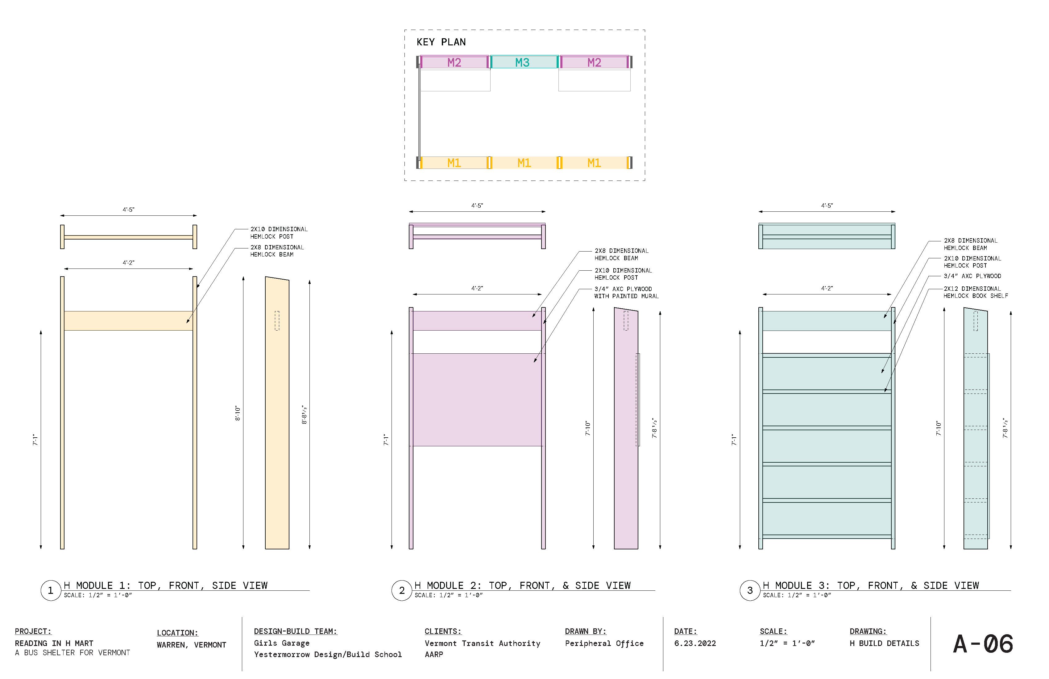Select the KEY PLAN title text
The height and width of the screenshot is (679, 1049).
point(441,42)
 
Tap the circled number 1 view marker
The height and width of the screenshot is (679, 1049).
point(50,590)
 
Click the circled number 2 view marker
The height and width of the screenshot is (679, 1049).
point(401,590)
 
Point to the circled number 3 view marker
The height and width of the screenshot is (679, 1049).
point(750,590)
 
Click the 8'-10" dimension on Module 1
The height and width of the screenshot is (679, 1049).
point(238,413)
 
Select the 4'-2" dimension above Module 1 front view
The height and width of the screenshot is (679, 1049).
point(128,263)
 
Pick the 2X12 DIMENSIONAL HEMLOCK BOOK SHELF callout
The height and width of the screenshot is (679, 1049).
point(975,292)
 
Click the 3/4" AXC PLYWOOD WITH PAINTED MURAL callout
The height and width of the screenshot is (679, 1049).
point(626,292)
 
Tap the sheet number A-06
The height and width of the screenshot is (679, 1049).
point(983,644)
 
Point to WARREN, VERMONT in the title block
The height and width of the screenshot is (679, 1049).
point(191,645)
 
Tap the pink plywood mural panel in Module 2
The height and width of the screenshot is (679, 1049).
point(477,399)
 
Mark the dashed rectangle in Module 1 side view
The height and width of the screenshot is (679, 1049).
point(277,321)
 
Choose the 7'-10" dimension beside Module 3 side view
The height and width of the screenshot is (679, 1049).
point(938,428)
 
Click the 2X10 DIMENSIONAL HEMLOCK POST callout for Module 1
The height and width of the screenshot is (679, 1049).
point(279,233)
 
